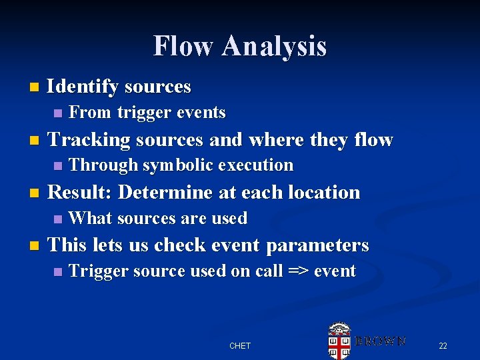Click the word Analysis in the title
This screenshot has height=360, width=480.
tap(274, 47)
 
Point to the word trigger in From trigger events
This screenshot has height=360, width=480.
tap(143, 113)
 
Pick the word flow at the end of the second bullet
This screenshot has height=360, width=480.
tap(373, 140)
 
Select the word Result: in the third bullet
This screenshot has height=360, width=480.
tap(81, 193)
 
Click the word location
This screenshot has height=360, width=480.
tap(325, 193)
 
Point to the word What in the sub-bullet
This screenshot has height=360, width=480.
tap(90, 219)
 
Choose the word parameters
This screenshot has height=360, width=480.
tap(317, 245)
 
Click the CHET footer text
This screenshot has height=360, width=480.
tap(240, 345)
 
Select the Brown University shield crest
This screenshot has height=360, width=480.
tap(339, 340)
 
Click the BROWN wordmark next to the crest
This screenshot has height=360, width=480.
tap(379, 341)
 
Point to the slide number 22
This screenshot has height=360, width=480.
tap(443, 345)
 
